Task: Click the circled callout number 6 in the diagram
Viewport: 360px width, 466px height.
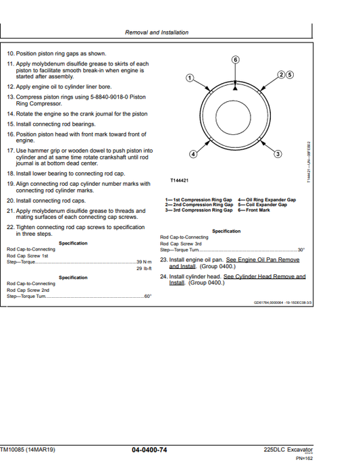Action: pos(235,60)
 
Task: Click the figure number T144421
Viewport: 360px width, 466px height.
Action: pos(179,181)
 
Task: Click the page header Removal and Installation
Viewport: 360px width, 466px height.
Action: pos(157,32)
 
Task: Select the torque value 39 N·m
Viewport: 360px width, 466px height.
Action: pos(143,262)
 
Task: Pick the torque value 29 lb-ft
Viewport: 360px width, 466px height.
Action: pos(143,268)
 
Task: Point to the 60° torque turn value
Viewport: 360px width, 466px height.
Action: pos(148,296)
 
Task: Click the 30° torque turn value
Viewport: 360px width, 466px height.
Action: pos(301,250)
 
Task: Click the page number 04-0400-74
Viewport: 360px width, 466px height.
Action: pos(159,449)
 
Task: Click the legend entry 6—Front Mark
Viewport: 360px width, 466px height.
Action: pos(253,210)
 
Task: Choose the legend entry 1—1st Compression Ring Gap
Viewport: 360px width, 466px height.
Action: pos(199,200)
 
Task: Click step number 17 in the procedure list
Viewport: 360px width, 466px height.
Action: pos(9,151)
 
